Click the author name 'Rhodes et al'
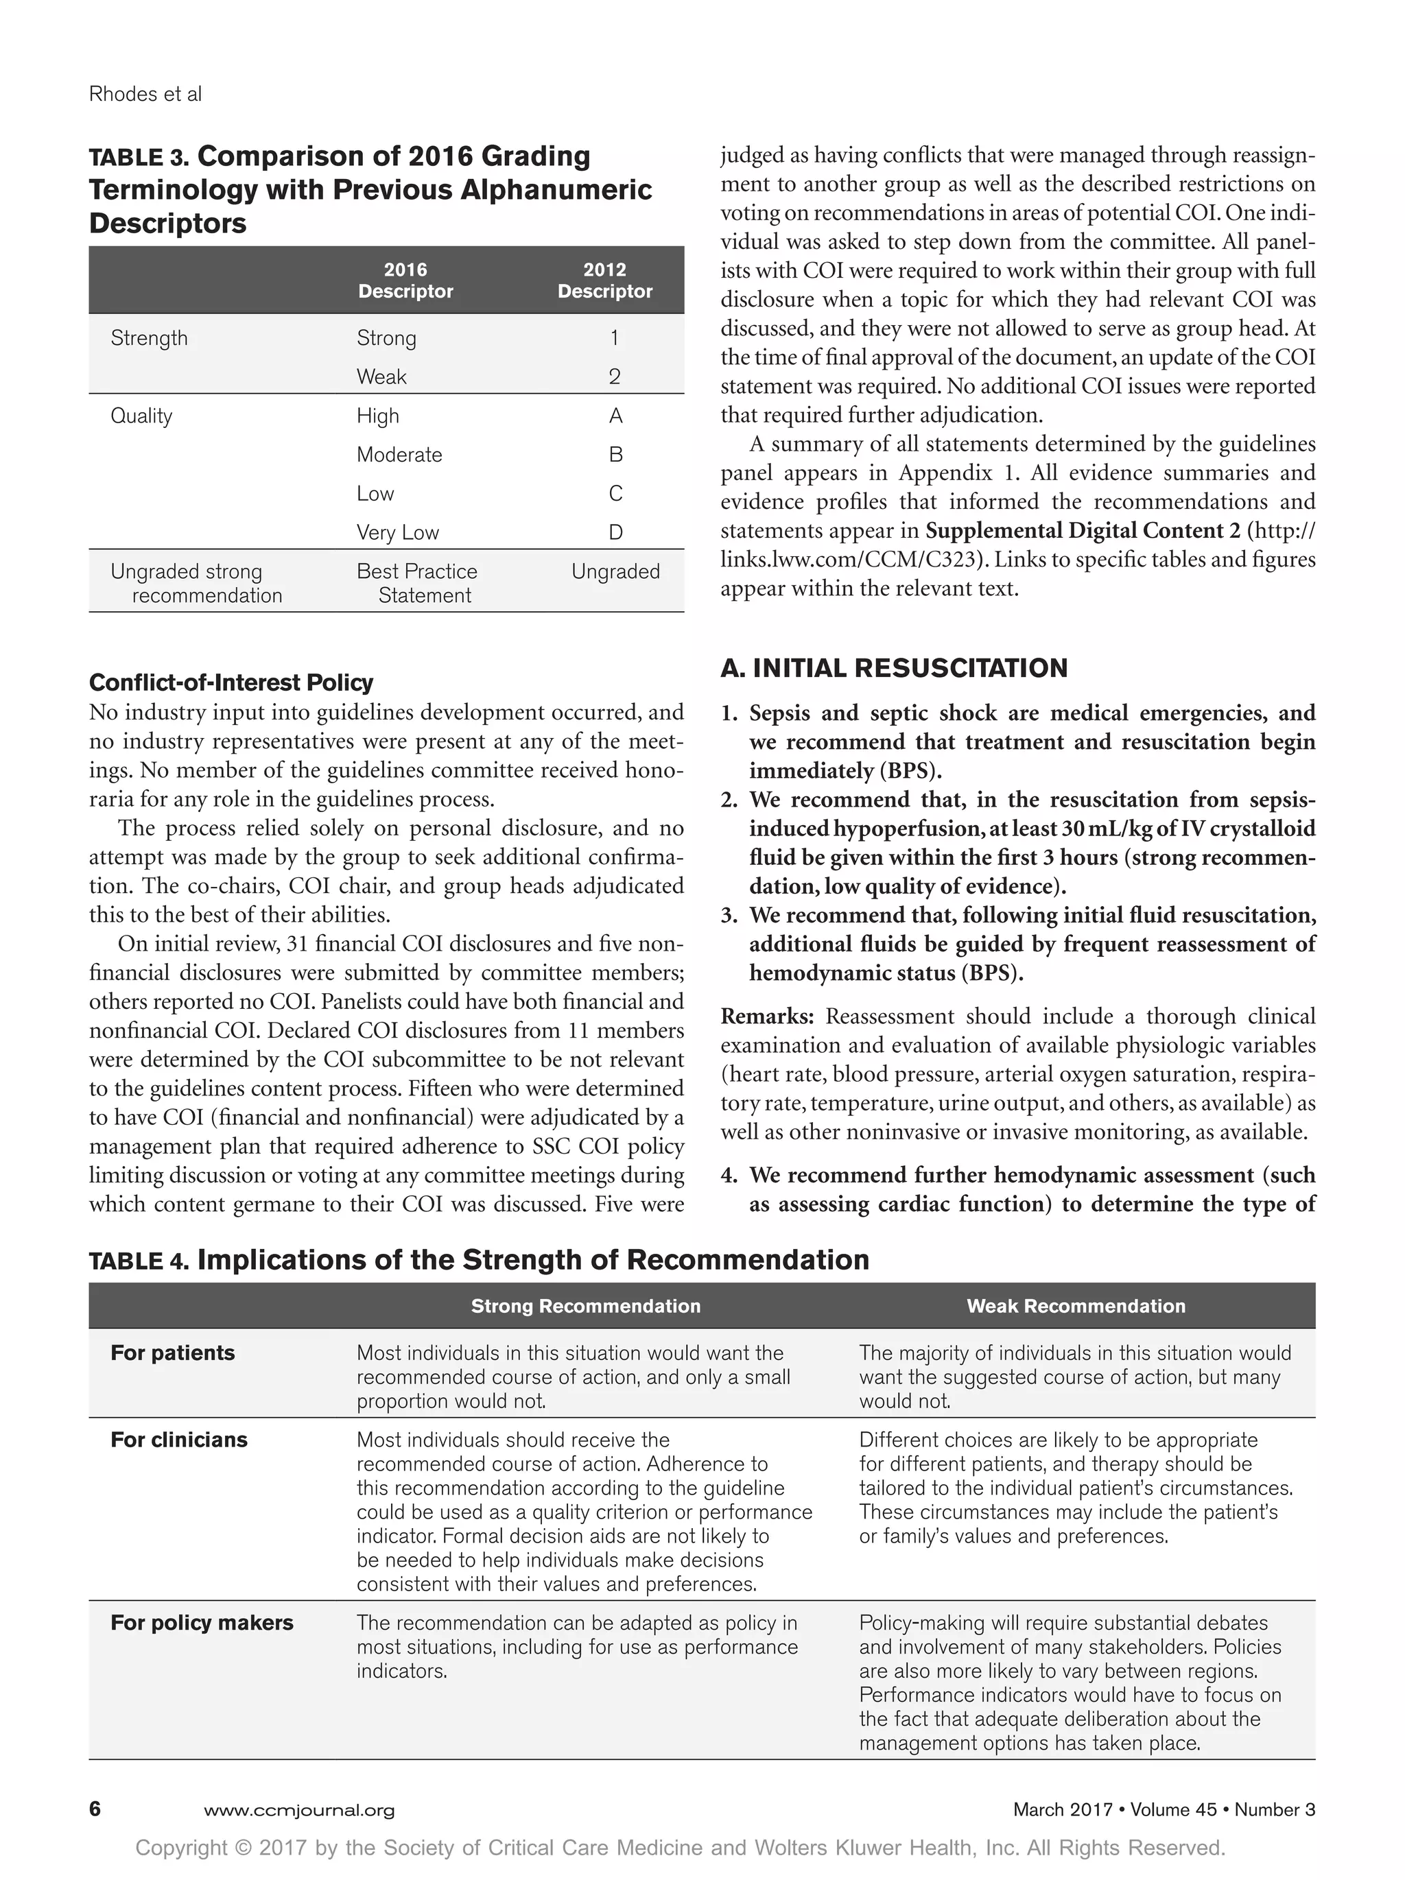coord(145,95)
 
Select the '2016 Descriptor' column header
coord(405,281)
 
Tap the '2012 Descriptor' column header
coord(604,281)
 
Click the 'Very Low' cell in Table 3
coord(397,533)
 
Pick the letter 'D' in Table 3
coord(615,533)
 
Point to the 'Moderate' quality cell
coord(399,455)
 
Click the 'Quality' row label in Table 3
coord(141,416)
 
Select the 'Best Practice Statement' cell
coord(416,583)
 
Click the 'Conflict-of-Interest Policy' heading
coord(231,682)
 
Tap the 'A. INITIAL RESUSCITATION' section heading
coord(894,668)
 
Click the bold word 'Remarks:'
coord(767,1016)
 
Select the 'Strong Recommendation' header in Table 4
coord(586,1307)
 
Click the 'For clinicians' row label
coord(178,1440)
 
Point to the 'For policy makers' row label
coord(202,1623)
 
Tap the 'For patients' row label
coord(173,1353)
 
